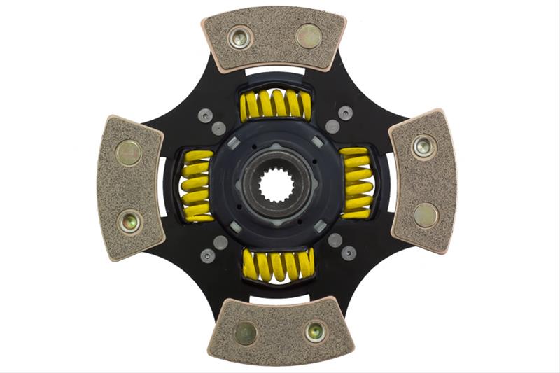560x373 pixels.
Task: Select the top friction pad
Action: [x=274, y=42]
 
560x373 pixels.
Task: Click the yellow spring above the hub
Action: [x=275, y=104]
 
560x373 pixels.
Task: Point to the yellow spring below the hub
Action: [x=278, y=265]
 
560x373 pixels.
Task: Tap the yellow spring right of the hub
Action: [x=358, y=184]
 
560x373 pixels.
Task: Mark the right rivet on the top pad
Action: [x=308, y=36]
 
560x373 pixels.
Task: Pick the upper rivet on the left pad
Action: [x=128, y=153]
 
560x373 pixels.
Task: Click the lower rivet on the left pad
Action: [x=129, y=222]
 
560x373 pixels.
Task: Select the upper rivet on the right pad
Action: [x=423, y=146]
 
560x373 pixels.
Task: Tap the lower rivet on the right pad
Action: [x=425, y=215]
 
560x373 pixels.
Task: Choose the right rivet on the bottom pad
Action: [x=315, y=331]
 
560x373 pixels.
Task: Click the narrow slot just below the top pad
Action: [x=274, y=71]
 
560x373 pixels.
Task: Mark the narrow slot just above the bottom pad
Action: [x=279, y=300]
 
